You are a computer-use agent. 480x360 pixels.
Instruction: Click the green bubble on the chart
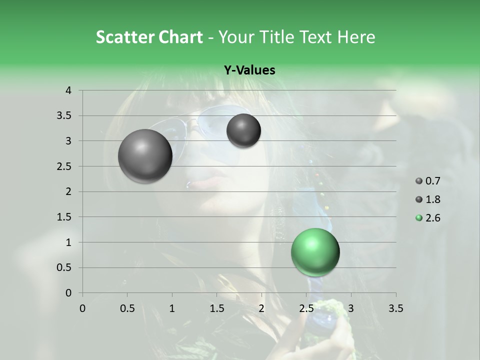point(315,252)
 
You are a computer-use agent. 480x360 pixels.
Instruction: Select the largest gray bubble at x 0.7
point(145,156)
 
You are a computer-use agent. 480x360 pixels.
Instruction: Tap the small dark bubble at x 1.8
point(243,130)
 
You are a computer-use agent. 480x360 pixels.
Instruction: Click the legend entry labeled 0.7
point(427,181)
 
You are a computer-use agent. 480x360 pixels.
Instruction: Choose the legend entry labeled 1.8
point(427,199)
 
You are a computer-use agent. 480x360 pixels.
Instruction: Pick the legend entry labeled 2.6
point(427,218)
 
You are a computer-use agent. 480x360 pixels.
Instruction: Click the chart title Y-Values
point(249,70)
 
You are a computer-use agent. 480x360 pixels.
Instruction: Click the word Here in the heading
point(356,37)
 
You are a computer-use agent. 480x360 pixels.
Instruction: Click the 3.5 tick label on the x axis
point(396,308)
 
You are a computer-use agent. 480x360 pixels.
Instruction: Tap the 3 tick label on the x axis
point(351,308)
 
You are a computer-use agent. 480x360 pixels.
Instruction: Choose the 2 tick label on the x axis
point(261,308)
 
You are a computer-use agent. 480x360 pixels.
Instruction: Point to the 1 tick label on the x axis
point(172,308)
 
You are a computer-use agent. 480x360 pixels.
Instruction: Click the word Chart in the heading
point(180,37)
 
